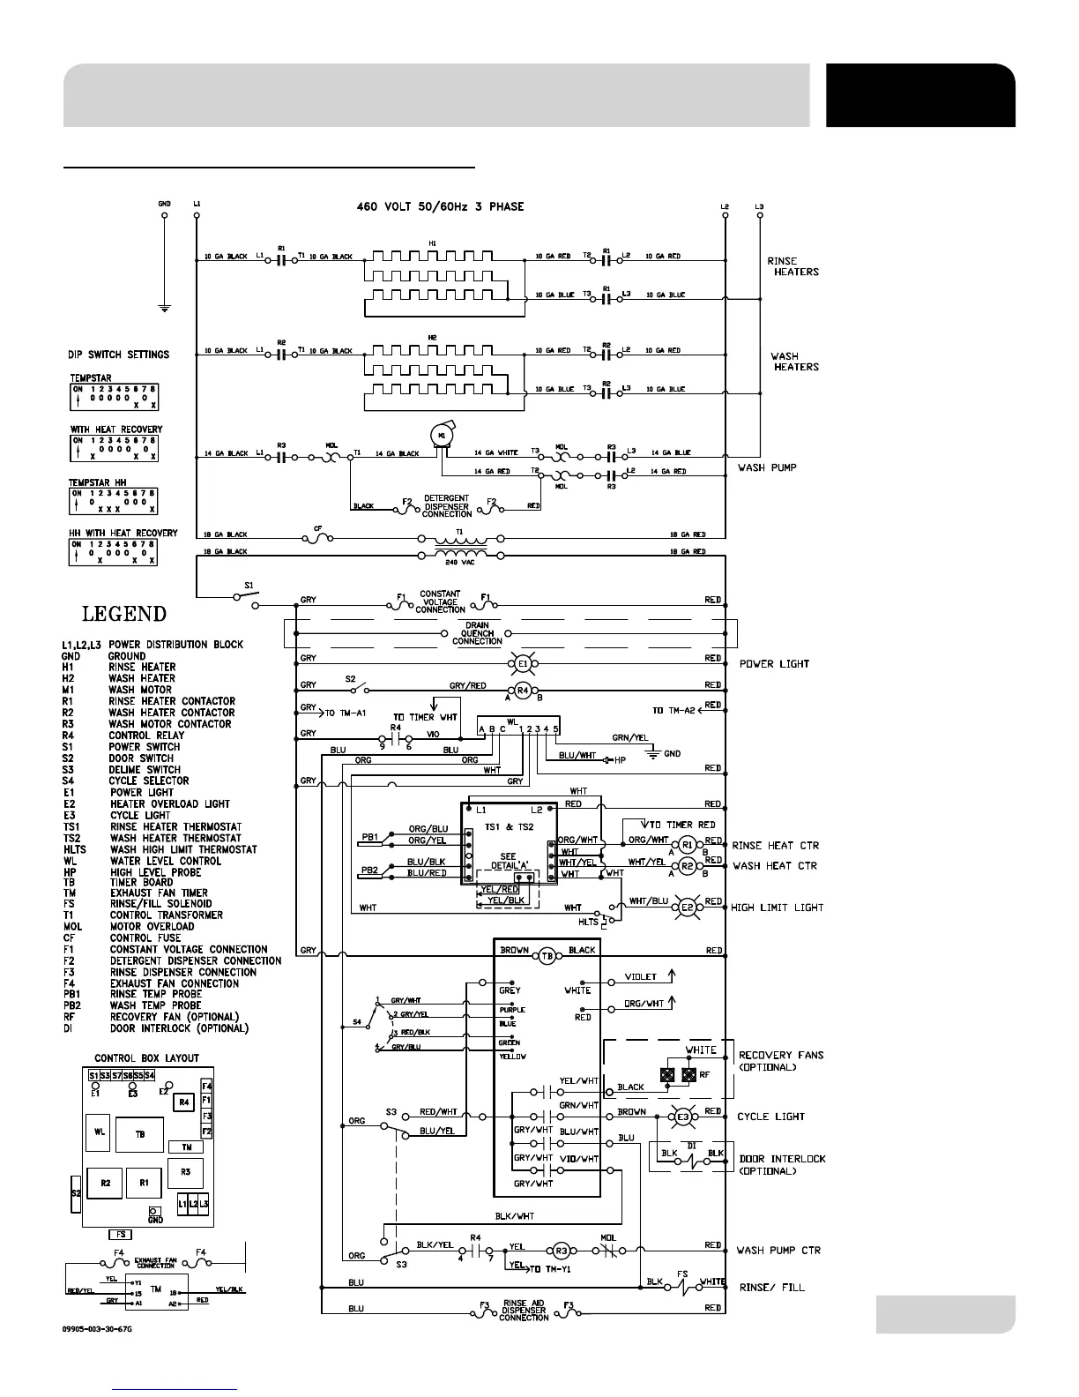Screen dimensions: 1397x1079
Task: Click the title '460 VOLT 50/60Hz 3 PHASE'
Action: (434, 206)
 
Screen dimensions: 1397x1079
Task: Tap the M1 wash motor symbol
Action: (442, 434)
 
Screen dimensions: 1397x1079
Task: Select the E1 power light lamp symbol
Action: (522, 662)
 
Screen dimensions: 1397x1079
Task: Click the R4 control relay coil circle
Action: (523, 691)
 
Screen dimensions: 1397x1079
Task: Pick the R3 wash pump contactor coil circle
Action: (561, 1250)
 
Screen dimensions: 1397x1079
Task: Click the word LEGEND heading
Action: (123, 614)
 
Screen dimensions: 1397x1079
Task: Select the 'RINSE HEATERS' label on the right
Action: (793, 266)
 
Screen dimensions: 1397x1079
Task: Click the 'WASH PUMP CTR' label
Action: (778, 1250)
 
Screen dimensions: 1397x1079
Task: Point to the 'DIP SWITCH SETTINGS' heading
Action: (118, 355)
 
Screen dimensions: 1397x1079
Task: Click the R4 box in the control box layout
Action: (184, 1102)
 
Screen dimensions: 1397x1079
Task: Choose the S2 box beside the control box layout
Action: (76, 1192)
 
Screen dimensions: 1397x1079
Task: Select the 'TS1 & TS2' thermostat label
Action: (510, 825)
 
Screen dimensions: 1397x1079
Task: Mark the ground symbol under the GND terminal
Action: (164, 308)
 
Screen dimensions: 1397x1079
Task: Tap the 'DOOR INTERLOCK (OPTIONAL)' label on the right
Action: (782, 1164)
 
